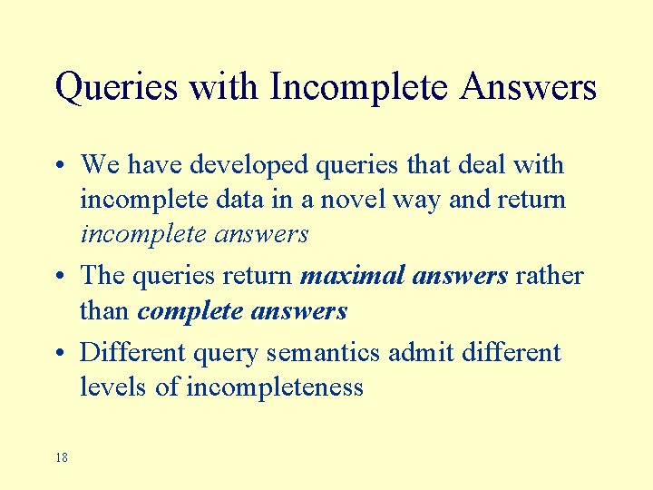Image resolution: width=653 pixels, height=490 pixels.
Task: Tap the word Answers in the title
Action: click(528, 88)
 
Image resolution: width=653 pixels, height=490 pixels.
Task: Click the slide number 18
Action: click(61, 457)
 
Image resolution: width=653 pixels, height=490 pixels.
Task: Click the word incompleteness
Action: click(274, 387)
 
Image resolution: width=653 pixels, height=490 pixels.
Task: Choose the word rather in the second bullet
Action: click(549, 275)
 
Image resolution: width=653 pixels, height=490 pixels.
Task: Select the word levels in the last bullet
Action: click(114, 387)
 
